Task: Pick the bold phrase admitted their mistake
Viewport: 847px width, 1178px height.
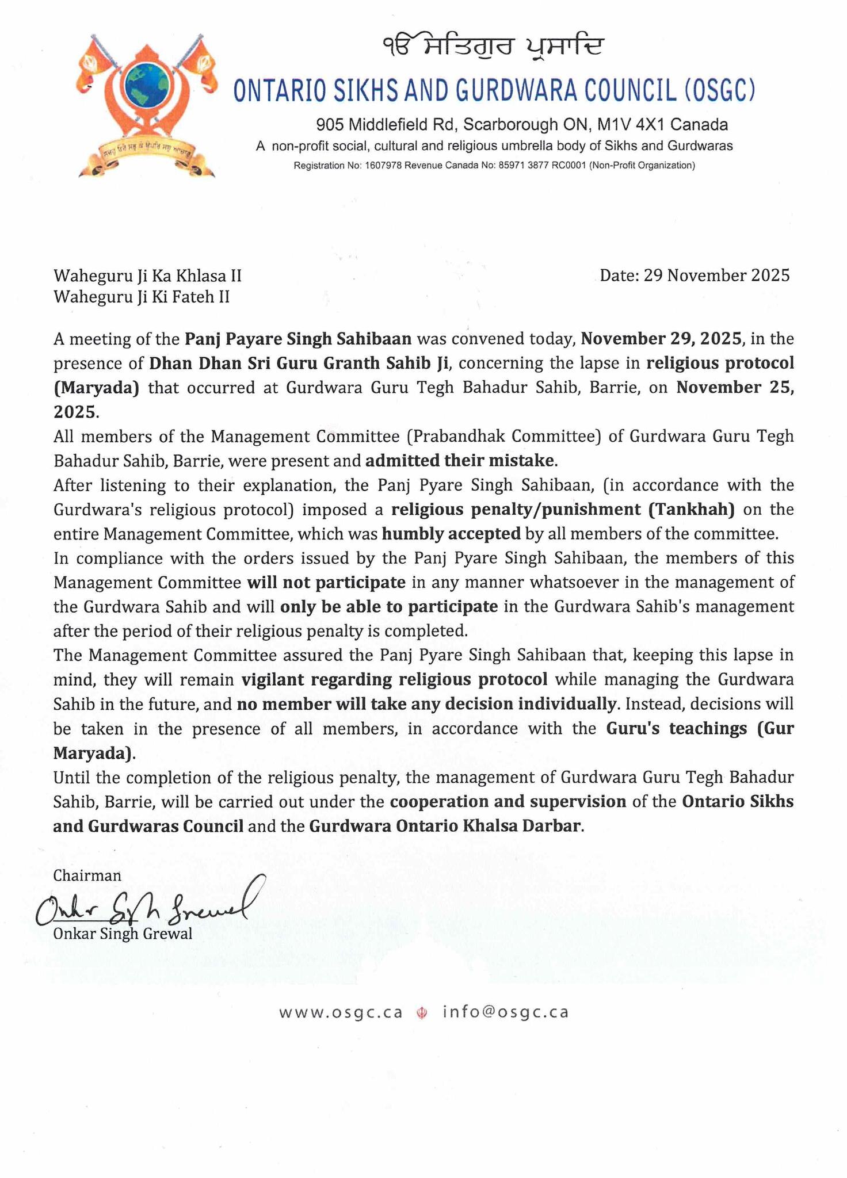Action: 461,461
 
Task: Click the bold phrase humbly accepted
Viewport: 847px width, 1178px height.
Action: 451,534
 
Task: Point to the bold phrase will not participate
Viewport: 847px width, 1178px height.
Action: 326,583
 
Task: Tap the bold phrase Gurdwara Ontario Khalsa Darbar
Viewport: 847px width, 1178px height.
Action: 447,826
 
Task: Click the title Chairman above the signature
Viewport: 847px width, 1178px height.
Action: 87,875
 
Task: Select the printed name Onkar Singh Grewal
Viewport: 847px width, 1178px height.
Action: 123,933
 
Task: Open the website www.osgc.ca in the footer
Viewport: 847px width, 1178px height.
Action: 341,1012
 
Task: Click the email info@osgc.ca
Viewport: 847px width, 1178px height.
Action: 506,1012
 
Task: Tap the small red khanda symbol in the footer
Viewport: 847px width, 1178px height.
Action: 422,1013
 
